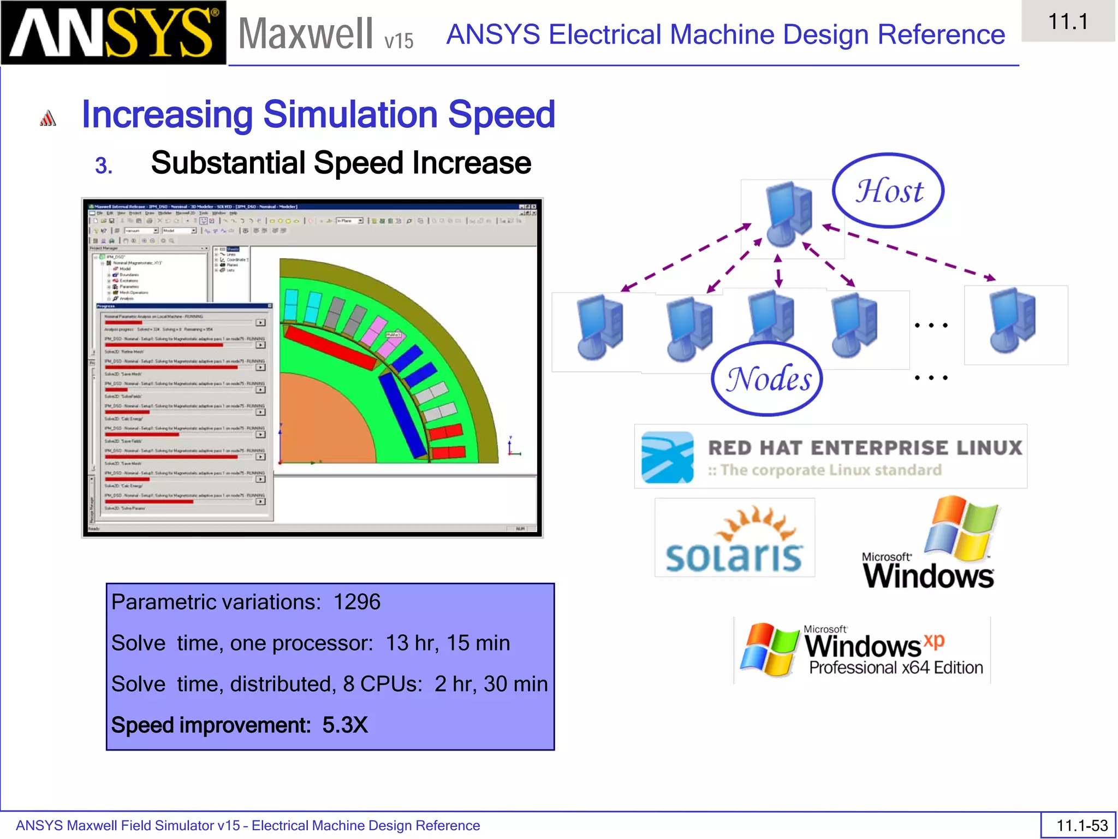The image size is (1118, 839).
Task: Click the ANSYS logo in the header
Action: pyautogui.click(x=113, y=33)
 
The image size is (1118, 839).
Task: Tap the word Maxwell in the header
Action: pyautogui.click(x=306, y=34)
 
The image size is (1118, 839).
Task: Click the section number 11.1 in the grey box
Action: pyautogui.click(x=1068, y=22)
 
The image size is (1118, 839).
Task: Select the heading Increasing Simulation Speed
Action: pyautogui.click(x=318, y=115)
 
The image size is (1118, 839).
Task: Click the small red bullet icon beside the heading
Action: pyautogui.click(x=48, y=118)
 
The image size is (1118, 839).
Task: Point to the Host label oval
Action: pyautogui.click(x=888, y=191)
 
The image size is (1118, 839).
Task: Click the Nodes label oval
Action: pyautogui.click(x=767, y=379)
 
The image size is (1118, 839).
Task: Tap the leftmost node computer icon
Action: pyautogui.click(x=599, y=328)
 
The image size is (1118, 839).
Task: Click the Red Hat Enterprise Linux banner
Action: pyautogui.click(x=830, y=457)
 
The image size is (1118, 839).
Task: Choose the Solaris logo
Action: pyautogui.click(x=734, y=539)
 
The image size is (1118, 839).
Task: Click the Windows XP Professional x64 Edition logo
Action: pyautogui.click(x=862, y=650)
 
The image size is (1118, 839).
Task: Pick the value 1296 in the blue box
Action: pyautogui.click(x=356, y=602)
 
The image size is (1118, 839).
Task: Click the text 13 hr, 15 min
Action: pyautogui.click(x=448, y=643)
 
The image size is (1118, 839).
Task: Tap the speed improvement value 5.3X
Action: pyautogui.click(x=345, y=725)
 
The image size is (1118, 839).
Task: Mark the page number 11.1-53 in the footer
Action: pyautogui.click(x=1081, y=825)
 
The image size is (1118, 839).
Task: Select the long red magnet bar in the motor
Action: pyautogui.click(x=330, y=347)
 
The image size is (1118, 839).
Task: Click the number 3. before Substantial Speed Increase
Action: pyautogui.click(x=104, y=166)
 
